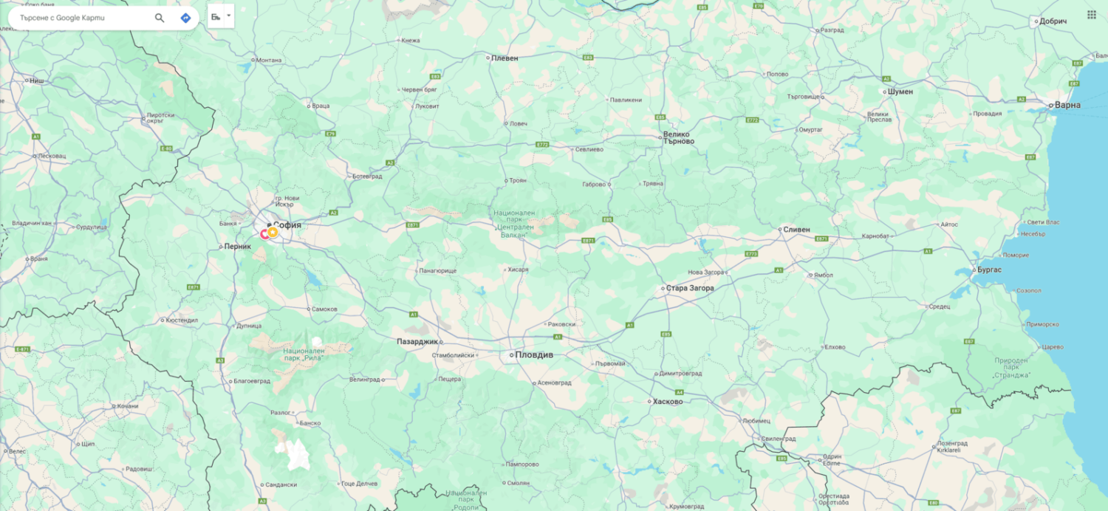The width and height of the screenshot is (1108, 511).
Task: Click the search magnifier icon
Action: coord(160,18)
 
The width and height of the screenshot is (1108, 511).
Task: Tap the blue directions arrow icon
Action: coord(185,18)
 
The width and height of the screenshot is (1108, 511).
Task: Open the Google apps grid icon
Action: coord(1091,15)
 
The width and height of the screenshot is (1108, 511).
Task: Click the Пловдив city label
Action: coord(535,355)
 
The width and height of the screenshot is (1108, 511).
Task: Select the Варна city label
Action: coord(1067,105)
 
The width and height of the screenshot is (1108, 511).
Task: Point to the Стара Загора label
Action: coord(690,288)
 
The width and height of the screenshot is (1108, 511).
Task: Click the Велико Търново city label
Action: coord(678,138)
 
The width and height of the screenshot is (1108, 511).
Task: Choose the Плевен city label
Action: coord(505,58)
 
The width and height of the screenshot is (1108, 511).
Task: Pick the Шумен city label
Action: coord(899,92)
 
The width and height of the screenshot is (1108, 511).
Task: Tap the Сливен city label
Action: coord(797,230)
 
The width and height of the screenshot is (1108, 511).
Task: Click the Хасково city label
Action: coord(668,402)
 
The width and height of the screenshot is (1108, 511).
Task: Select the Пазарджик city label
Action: coord(417,341)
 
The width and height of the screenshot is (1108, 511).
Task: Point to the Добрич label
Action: coord(1053,21)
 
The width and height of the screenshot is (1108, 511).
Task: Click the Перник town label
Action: coord(238,247)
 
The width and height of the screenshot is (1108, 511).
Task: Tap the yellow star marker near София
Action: coord(273,232)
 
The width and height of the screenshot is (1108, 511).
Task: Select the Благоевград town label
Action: coord(252,381)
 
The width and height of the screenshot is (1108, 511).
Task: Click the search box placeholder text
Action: coord(63,18)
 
